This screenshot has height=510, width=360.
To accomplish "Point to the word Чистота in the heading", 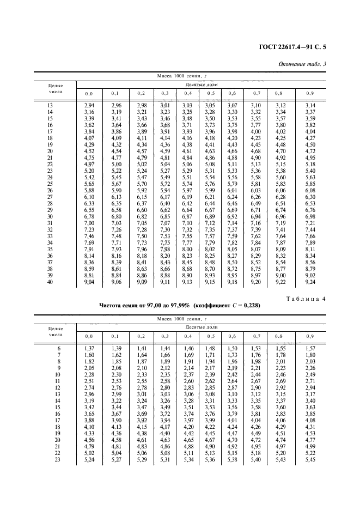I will click(113, 306).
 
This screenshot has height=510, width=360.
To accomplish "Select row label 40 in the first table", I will click(51, 282).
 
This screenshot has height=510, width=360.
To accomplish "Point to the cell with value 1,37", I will click(89, 348).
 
